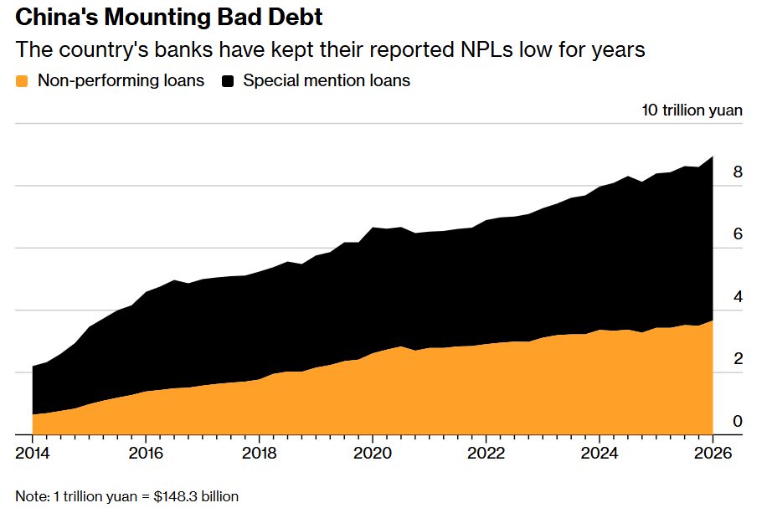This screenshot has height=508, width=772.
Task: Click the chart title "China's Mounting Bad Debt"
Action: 169,18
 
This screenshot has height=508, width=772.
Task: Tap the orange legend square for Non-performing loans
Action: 22,81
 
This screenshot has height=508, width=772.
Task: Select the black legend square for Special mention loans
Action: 228,81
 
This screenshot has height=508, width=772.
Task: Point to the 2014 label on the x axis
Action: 33,453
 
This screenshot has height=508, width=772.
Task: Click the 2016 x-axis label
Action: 146,453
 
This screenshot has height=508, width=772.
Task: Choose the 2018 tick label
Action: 259,453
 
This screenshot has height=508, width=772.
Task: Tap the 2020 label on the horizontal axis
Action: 373,453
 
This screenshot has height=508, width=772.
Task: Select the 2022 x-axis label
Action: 486,453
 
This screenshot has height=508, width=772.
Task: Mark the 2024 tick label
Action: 600,453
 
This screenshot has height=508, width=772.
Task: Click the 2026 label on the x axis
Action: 713,453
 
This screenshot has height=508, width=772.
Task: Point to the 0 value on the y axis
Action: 738,421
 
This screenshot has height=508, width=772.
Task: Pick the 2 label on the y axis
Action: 738,359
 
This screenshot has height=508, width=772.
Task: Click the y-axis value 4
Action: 738,297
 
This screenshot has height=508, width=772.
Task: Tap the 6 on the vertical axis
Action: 738,234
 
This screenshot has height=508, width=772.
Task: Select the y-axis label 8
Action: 738,172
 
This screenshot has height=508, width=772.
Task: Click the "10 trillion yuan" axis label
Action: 692,110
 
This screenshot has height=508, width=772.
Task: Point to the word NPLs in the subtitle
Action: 486,49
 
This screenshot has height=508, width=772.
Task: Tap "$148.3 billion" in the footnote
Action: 196,496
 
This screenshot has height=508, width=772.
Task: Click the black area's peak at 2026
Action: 713,157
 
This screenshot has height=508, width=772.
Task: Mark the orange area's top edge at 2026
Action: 713,321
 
